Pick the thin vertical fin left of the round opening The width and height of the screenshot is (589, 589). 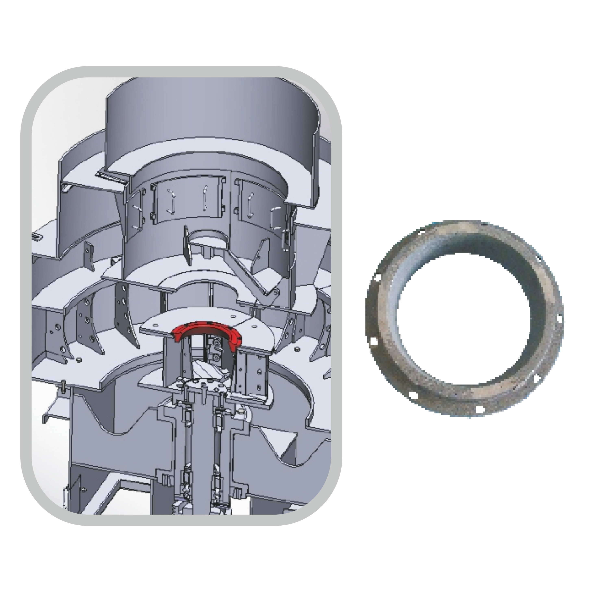point(187,244)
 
